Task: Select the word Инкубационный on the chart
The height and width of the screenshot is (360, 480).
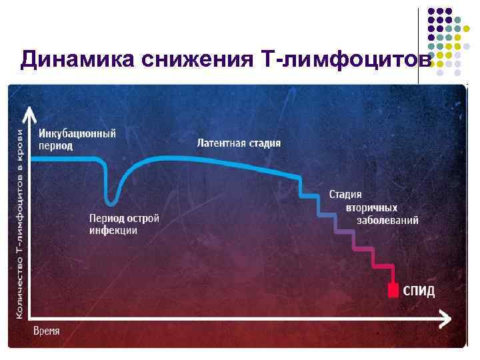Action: tap(77, 133)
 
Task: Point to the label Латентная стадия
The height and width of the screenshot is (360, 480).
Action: tap(239, 143)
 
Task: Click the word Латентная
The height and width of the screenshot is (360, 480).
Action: tap(219, 143)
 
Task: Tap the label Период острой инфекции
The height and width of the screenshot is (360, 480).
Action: tap(125, 224)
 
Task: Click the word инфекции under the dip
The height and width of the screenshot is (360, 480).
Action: tap(113, 231)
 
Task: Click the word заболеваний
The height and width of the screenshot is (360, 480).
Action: tap(387, 220)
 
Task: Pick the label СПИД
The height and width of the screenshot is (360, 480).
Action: tap(419, 291)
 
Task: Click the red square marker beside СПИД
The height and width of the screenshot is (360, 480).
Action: tap(394, 290)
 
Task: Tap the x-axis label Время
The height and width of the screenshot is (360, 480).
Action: tap(47, 331)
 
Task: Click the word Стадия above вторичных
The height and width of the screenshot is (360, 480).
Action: tap(345, 195)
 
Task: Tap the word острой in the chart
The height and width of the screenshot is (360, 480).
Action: tap(143, 218)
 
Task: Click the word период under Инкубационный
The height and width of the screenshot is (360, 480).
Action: tap(55, 145)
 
